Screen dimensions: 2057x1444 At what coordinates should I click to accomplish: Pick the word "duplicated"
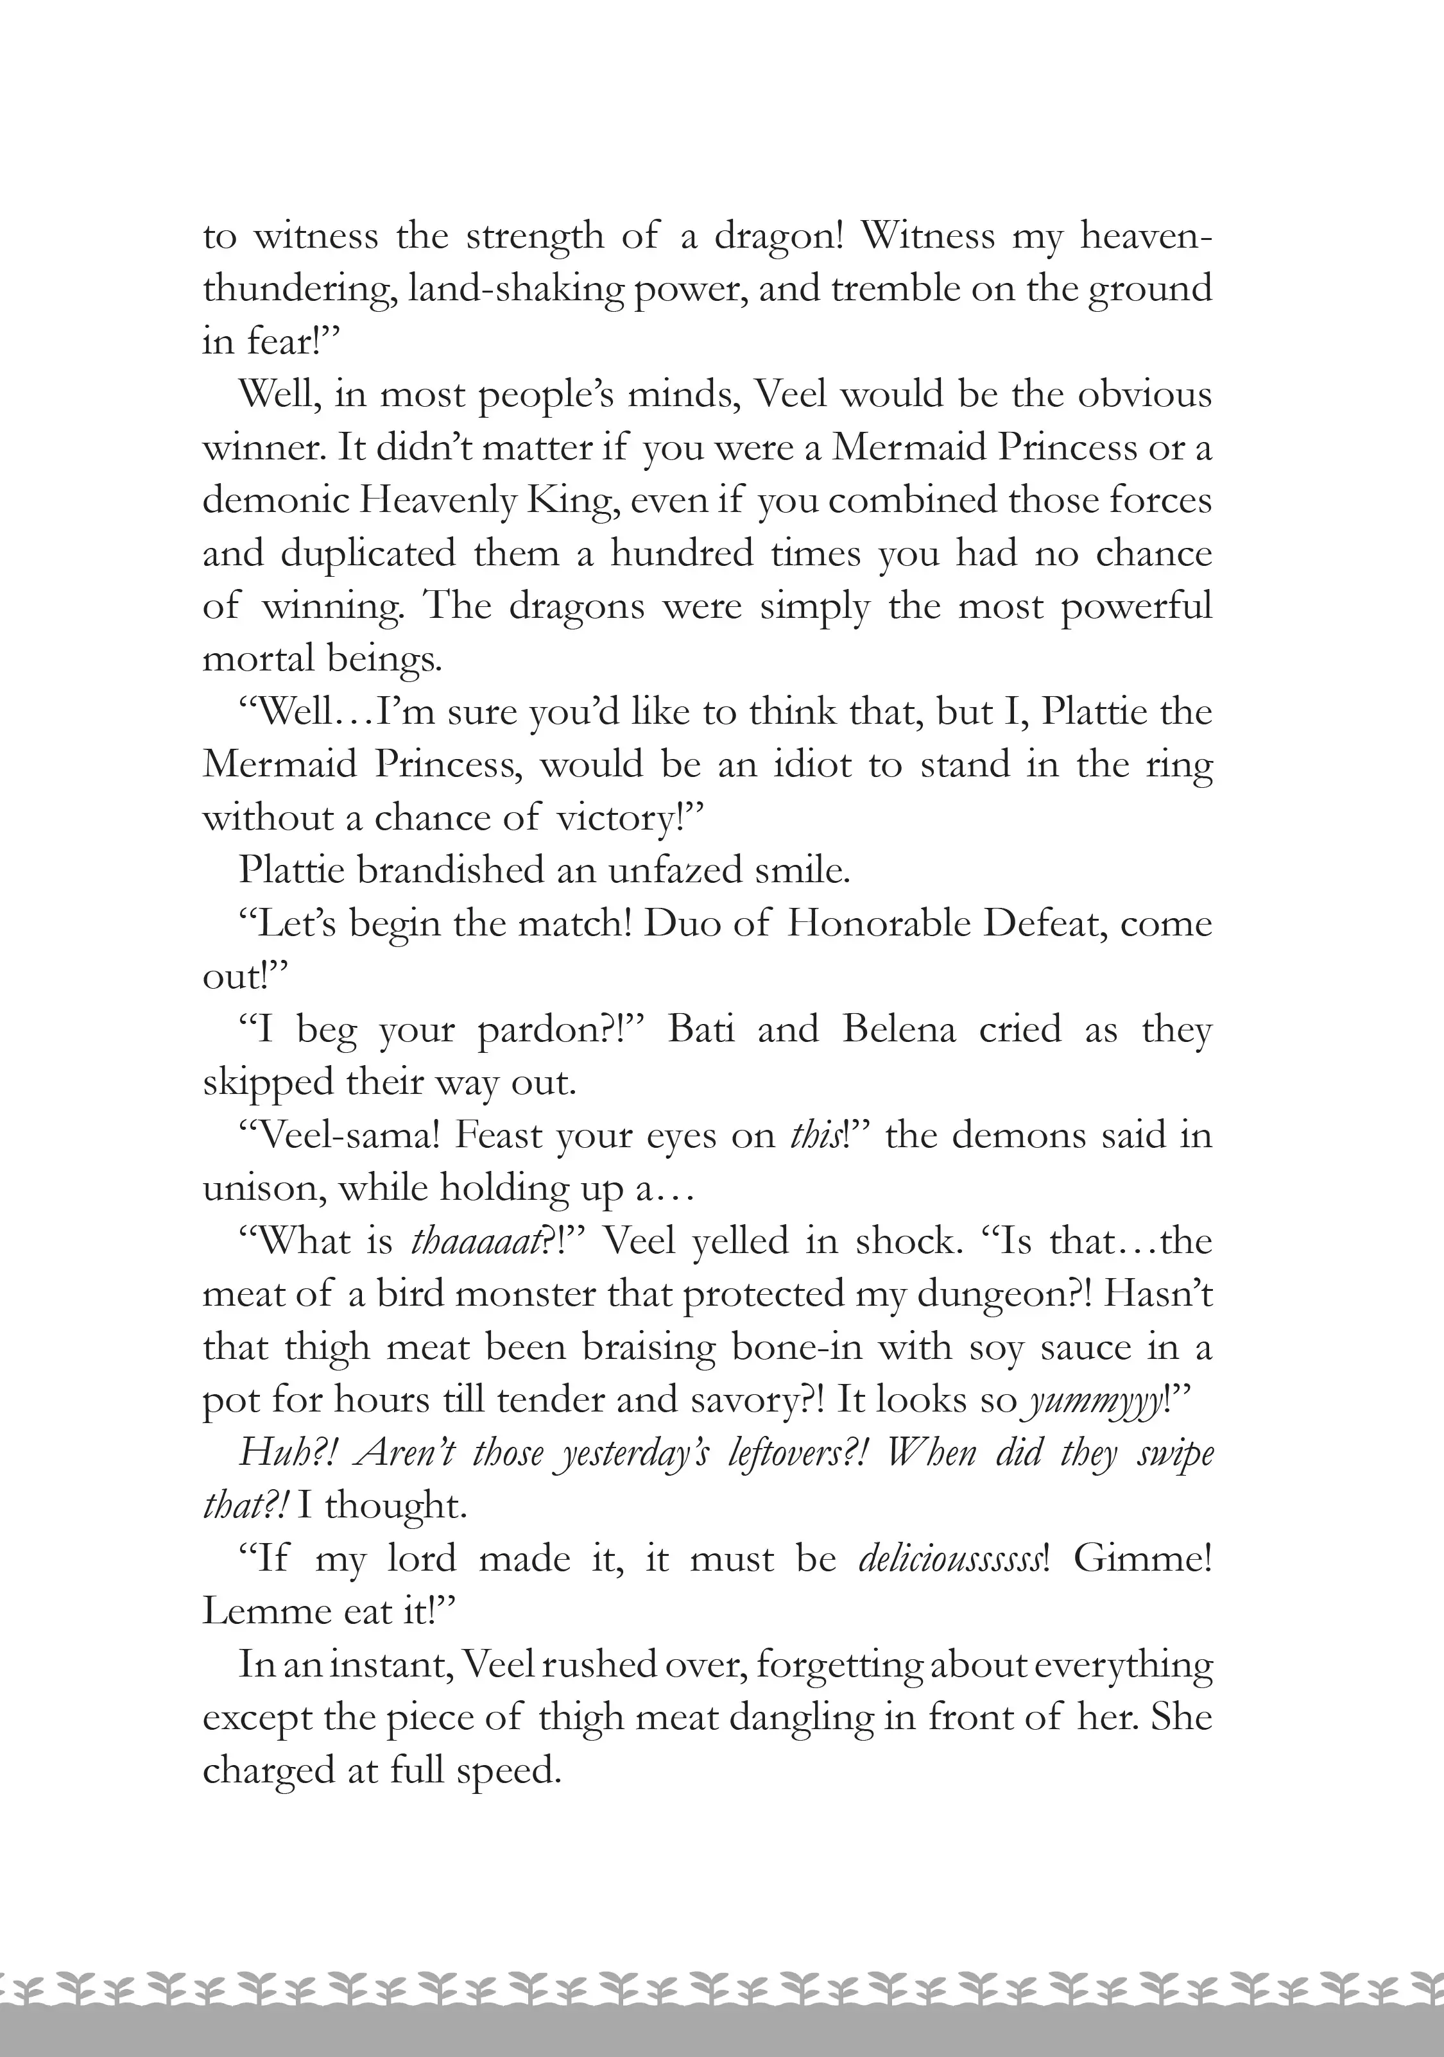[368, 554]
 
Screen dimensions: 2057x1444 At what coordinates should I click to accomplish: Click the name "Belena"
[899, 1029]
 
